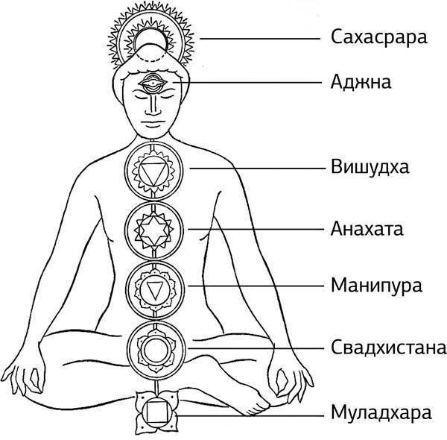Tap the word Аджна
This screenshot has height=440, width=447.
coord(357,81)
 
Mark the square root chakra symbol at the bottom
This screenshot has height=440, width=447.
coord(157,411)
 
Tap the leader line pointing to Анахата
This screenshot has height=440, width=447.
coord(253,228)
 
